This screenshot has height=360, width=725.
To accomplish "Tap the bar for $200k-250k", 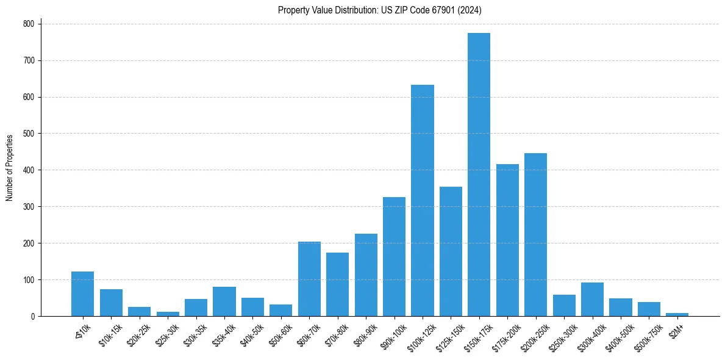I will pos(535,234).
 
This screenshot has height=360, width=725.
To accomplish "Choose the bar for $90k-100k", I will pos(394,256).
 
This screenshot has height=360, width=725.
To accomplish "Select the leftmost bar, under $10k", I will pos(82,293).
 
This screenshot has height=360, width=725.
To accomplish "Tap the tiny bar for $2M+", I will pos(677,314).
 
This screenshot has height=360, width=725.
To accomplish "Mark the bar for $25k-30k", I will pos(168,314).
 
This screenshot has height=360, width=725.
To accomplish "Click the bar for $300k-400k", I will pos(592,299).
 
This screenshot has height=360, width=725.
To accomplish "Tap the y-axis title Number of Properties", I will pos(10,168).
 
